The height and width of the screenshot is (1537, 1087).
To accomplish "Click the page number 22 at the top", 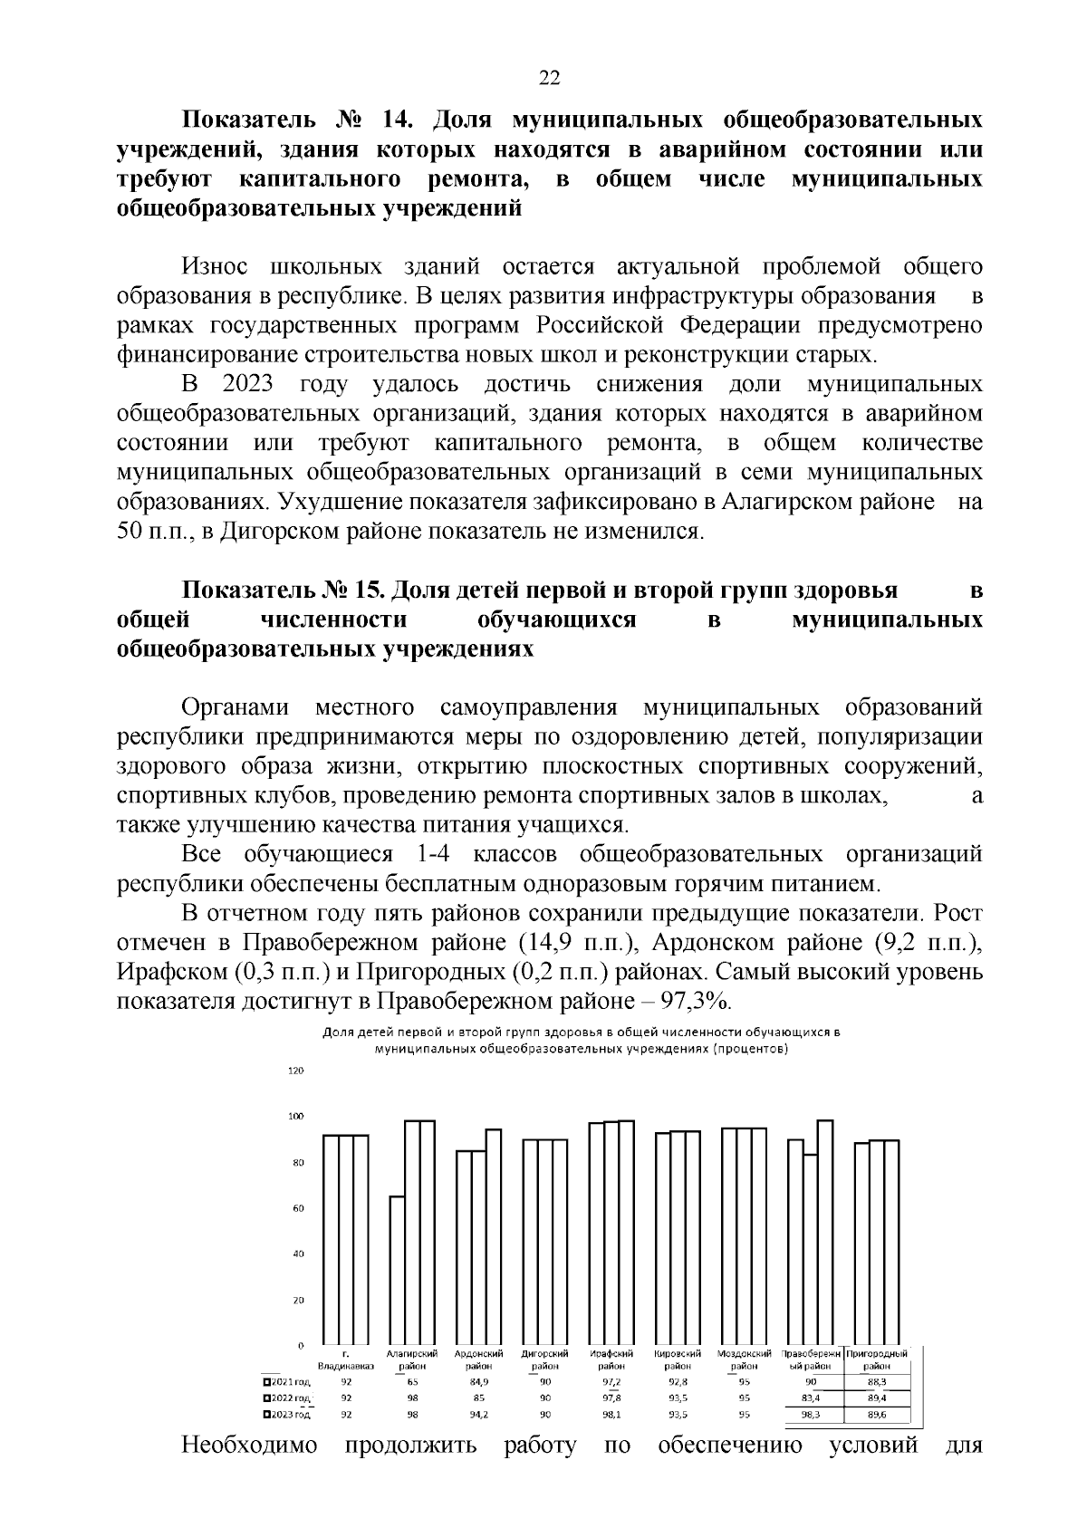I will coord(549,78).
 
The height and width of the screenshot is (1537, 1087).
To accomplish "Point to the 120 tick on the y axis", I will coord(296,1071).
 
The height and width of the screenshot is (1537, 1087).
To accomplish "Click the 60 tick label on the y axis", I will coord(298,1208).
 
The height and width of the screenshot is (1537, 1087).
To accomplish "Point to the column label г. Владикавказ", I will coord(345,1359).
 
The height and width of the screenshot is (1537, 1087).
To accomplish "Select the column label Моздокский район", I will coord(744,1359).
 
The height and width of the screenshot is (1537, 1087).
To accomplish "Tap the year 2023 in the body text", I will coord(247,384).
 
